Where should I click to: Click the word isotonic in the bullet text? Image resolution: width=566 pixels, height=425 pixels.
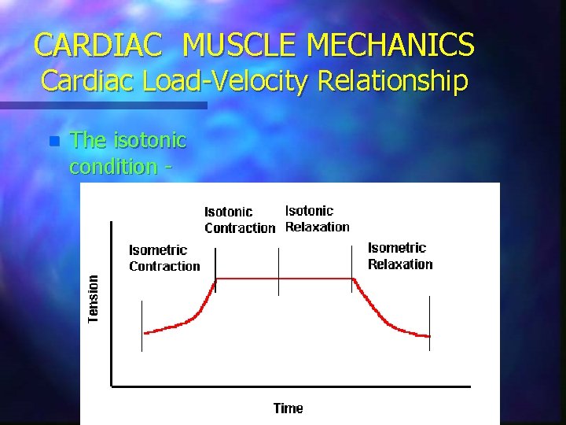[149, 140]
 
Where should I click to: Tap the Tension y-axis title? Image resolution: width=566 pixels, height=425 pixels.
[94, 298]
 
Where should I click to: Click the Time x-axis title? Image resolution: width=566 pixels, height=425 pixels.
[288, 408]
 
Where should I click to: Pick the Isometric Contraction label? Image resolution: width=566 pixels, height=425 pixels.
[164, 258]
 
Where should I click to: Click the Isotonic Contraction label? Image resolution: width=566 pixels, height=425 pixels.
[239, 220]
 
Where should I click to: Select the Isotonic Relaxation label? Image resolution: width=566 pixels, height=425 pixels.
[317, 219]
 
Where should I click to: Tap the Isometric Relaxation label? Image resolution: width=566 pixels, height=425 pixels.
[399, 256]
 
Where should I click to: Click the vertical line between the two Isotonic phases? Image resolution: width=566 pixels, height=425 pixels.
[278, 272]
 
